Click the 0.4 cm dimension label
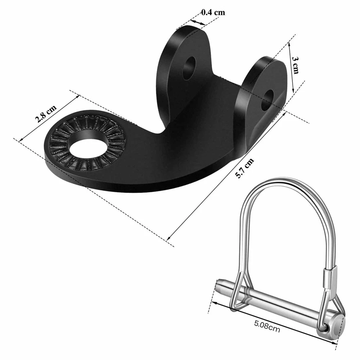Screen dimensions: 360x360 [213, 12]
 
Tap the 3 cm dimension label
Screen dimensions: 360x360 [295, 65]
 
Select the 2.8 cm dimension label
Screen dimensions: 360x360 [45, 114]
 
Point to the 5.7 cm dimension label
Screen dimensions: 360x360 [244, 168]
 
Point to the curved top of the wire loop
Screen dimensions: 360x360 [285, 181]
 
